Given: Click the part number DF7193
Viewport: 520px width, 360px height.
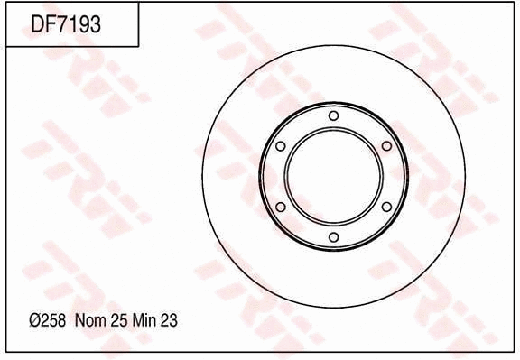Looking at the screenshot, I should pyautogui.click(x=66, y=23).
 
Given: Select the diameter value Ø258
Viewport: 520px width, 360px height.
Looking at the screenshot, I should pyautogui.click(x=46, y=320).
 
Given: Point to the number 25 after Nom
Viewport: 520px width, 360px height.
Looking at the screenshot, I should pyautogui.click(x=117, y=320).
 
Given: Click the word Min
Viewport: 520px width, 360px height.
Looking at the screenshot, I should pyautogui.click(x=144, y=320).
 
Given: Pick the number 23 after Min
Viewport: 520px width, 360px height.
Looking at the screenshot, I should pyautogui.click(x=168, y=320).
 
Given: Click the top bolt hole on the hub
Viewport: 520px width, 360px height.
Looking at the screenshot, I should pyautogui.click(x=333, y=115).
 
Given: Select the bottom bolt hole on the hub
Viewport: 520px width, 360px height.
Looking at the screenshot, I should pyautogui.click(x=333, y=237).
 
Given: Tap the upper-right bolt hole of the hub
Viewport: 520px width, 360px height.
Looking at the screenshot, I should pyautogui.click(x=386, y=146).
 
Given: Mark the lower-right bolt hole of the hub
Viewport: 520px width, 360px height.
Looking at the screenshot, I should pyautogui.click(x=386, y=207).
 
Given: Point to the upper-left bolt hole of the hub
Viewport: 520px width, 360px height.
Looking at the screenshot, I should pyautogui.click(x=280, y=146).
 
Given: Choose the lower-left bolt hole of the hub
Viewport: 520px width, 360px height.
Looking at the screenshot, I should pyautogui.click(x=280, y=207).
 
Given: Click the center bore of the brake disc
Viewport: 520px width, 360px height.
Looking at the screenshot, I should pyautogui.click(x=333, y=176).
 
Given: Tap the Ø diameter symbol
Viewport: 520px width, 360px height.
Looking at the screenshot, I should pyautogui.click(x=33, y=320).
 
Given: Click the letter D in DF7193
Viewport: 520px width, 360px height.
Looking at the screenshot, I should pyautogui.click(x=39, y=23).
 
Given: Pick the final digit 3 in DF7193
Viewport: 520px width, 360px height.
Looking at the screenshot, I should pyautogui.click(x=94, y=23).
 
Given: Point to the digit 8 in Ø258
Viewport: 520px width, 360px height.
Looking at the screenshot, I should pyautogui.click(x=59, y=320).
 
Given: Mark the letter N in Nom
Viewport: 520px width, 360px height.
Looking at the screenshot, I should pyautogui.click(x=80, y=320).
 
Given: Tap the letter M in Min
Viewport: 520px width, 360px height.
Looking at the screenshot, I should pyautogui.click(x=136, y=320).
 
